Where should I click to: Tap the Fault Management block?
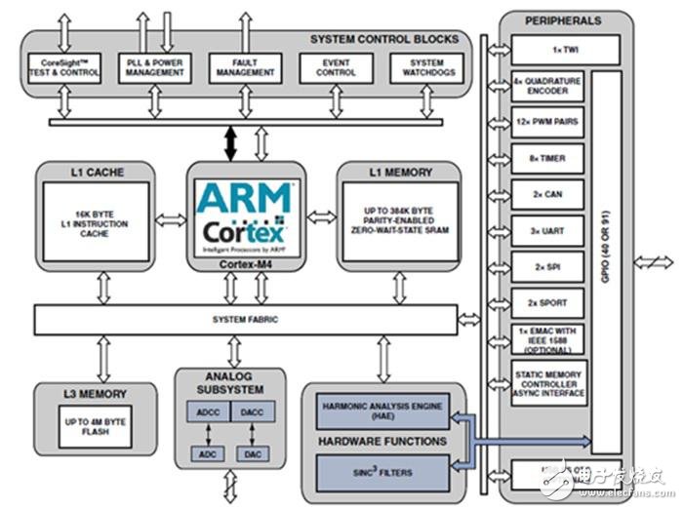point(239,67)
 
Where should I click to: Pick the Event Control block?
point(337,67)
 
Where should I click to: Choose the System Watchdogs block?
point(422,67)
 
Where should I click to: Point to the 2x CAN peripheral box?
point(547,195)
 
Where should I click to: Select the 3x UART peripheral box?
point(547,231)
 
